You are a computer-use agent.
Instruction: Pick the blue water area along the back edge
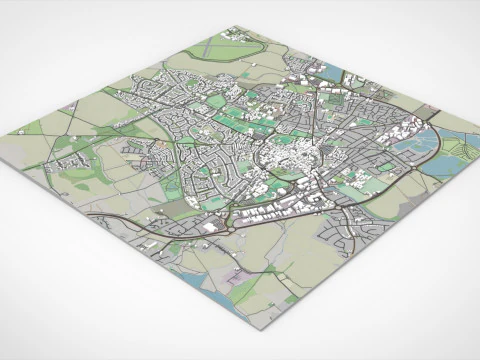pyautogui.click(x=331, y=74)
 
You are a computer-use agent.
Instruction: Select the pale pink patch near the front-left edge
pyautogui.click(x=240, y=290)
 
